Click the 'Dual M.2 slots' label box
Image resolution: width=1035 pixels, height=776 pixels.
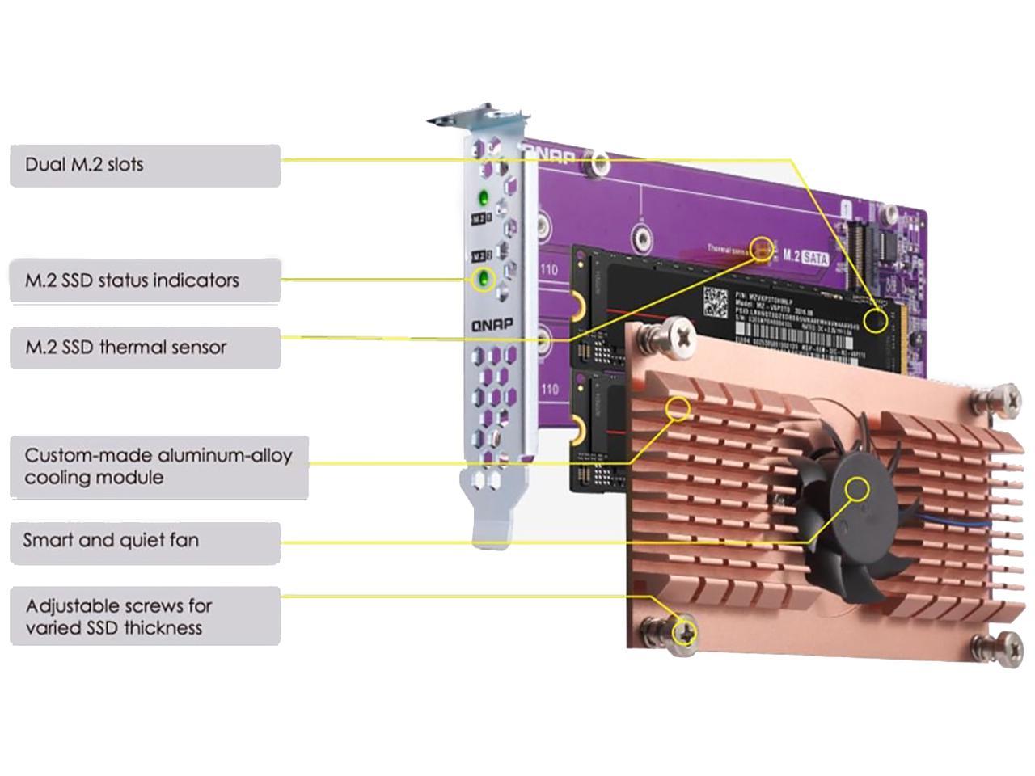pyautogui.click(x=145, y=166)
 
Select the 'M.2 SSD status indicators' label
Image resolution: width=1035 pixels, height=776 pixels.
pyautogui.click(x=145, y=281)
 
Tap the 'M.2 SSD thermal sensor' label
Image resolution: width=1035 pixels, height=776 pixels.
pyautogui.click(x=145, y=348)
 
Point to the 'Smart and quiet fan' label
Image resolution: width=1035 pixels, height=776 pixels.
pyautogui.click(x=145, y=541)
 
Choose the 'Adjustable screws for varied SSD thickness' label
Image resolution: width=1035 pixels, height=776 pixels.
pyautogui.click(x=145, y=616)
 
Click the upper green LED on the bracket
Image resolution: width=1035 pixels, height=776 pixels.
pyautogui.click(x=484, y=196)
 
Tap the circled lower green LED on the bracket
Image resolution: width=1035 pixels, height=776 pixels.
pyautogui.click(x=484, y=280)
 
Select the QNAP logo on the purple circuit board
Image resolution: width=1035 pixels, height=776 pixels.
pyautogui.click(x=549, y=154)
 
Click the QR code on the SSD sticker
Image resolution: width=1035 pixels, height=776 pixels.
pyautogui.click(x=716, y=302)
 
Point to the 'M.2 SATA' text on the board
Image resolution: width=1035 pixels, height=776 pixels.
pyautogui.click(x=805, y=256)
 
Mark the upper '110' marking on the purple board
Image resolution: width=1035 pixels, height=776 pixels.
pyautogui.click(x=549, y=270)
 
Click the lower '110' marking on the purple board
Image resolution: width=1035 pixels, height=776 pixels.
pyautogui.click(x=549, y=389)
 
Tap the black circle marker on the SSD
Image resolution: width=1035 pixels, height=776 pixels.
pyautogui.click(x=874, y=321)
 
